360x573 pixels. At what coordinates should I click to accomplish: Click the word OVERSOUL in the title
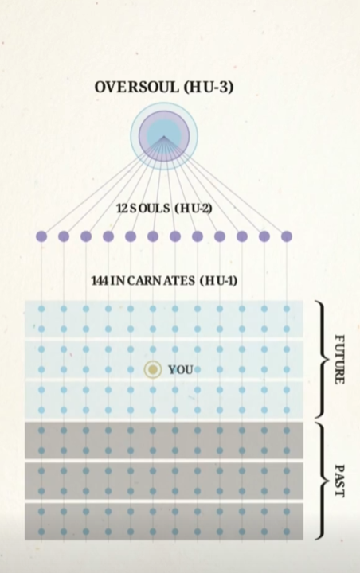137,87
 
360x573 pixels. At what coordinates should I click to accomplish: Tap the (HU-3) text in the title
208,87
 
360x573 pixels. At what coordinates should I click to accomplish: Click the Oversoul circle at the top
164,136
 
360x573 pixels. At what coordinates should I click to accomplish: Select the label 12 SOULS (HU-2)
164,209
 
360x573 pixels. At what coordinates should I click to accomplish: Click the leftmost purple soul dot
41,236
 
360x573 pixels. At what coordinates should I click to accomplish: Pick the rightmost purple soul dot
287,236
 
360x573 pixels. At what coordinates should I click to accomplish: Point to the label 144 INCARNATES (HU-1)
164,281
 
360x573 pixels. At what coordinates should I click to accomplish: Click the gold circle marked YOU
153,370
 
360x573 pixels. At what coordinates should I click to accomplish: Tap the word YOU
180,370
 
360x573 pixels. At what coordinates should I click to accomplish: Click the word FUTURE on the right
340,359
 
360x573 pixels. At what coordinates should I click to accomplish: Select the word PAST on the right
340,481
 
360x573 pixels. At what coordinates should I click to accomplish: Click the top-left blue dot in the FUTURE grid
41,309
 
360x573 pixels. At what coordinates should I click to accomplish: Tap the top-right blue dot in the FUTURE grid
287,309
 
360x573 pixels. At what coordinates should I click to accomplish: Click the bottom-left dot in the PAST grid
41,532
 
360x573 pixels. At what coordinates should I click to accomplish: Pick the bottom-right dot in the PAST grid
287,532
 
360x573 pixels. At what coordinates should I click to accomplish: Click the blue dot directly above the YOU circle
153,349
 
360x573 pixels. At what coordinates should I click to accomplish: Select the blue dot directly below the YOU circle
153,390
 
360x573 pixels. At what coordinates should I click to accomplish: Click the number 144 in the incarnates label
99,281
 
